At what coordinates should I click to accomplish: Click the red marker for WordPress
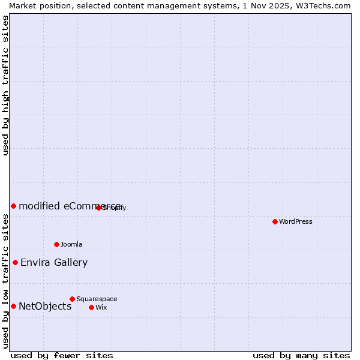275,221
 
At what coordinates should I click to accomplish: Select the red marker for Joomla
57,244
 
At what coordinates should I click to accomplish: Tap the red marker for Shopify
98,208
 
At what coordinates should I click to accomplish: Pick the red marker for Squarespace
72,299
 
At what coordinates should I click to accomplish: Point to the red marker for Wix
91,307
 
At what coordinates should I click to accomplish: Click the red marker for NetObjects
13,307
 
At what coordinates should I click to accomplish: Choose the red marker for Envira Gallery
15,262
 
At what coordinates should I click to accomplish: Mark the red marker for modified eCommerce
13,206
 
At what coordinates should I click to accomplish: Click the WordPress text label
296,221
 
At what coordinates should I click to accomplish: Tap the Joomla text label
71,244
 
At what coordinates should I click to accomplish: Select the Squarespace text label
97,299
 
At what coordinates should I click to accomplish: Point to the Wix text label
101,307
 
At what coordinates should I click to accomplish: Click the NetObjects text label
45,307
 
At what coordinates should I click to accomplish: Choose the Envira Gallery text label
54,262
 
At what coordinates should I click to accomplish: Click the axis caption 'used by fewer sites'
62,355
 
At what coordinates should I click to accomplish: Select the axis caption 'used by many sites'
301,355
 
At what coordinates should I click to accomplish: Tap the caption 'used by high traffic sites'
5,85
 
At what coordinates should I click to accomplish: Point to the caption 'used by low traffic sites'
5,281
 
